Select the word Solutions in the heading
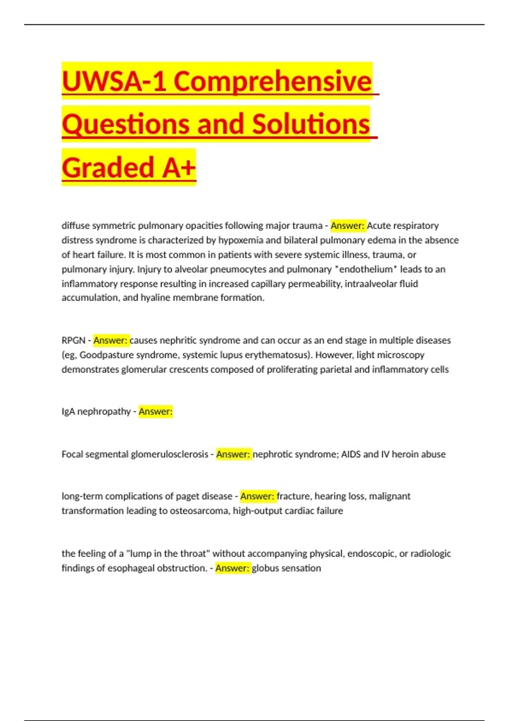pyautogui.click(x=311, y=124)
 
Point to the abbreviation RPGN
pyautogui.click(x=73, y=341)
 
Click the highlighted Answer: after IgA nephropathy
pyautogui.click(x=155, y=411)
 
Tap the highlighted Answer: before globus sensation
pyautogui.click(x=232, y=568)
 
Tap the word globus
pyautogui.click(x=266, y=568)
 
